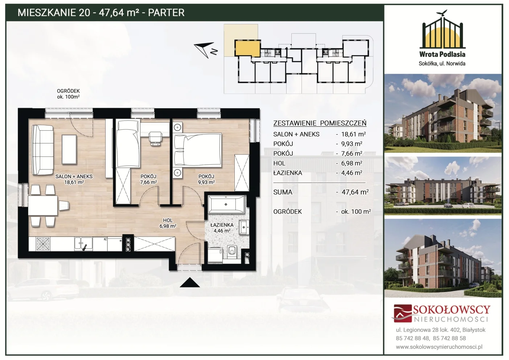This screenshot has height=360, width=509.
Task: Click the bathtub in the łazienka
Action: (x=226, y=204)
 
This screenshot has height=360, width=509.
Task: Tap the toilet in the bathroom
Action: (x=231, y=252)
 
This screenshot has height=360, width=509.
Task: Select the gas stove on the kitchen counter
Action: (x=43, y=244)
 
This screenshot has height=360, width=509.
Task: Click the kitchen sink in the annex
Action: (x=83, y=244)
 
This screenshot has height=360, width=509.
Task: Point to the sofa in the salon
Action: (x=43, y=150)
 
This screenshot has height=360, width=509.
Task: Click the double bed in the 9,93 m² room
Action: (x=197, y=150)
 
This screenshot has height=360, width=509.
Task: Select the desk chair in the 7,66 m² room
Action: (x=155, y=138)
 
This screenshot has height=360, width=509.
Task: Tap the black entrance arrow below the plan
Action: (x=190, y=282)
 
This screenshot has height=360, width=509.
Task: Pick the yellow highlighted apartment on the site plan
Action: (x=247, y=48)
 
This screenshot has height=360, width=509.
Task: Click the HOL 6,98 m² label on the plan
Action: (x=168, y=223)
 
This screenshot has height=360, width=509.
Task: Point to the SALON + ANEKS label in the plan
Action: (x=74, y=176)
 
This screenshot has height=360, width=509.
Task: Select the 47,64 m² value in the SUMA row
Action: (x=355, y=192)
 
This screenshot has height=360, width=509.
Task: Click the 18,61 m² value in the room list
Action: (x=354, y=134)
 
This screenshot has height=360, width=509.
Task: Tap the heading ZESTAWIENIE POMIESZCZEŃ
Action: (x=320, y=123)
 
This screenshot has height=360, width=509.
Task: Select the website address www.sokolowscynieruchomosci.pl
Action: (x=439, y=347)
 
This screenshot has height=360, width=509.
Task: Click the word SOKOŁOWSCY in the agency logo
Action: (x=451, y=310)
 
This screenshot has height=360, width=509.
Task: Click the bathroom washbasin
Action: (x=244, y=227)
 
